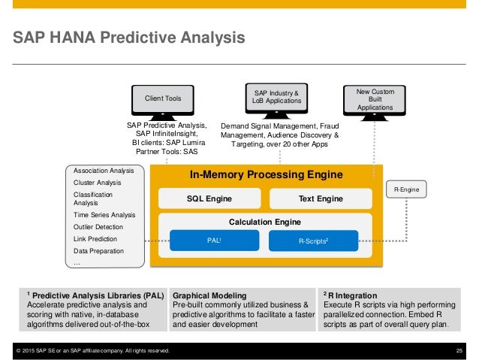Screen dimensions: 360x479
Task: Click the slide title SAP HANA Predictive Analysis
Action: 123,37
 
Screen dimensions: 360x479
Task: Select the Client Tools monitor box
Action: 162,98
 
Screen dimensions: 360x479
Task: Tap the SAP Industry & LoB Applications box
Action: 279,97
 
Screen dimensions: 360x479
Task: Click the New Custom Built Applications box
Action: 390,99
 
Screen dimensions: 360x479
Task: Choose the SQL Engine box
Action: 209,198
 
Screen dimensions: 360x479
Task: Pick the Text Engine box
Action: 316,198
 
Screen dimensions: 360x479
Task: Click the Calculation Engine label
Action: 265,222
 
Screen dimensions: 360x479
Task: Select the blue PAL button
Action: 214,241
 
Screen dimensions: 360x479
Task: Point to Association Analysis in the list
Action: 103,171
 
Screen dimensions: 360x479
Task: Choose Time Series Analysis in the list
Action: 104,214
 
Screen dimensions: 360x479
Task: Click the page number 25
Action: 459,351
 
